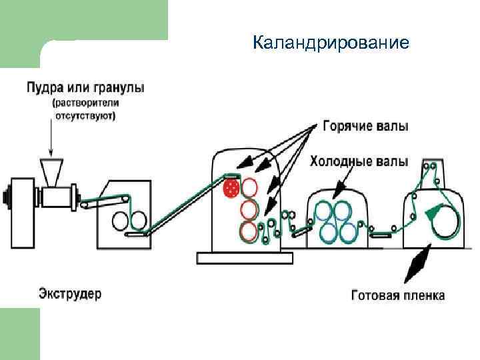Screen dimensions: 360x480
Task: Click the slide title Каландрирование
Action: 331,44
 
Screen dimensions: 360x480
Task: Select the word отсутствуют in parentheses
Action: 85,115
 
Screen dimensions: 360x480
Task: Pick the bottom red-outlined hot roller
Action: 249,231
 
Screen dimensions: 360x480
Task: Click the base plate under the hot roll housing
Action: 239,256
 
